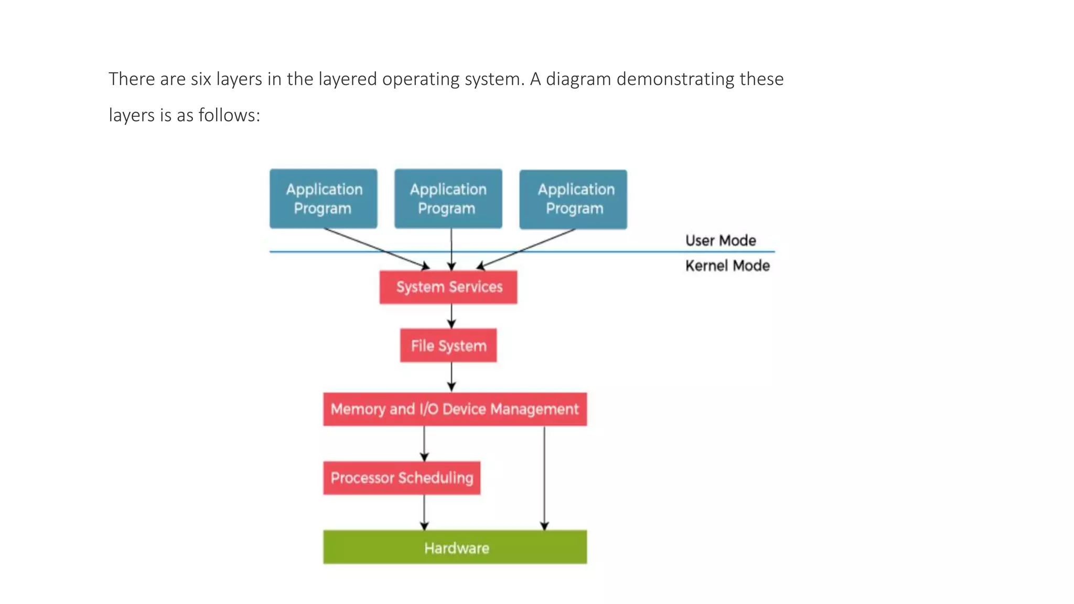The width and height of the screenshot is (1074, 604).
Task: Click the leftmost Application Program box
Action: coord(323,199)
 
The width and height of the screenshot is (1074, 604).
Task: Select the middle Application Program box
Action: coord(448,199)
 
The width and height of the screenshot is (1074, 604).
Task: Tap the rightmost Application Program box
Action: coord(573,199)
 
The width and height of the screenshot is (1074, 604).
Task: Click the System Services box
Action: coord(448,287)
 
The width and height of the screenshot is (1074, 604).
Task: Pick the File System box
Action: coord(448,346)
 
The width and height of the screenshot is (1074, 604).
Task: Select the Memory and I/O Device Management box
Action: coord(455,409)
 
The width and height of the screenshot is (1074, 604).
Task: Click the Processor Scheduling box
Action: coord(402,478)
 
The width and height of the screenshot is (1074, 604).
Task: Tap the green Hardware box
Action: coord(455,547)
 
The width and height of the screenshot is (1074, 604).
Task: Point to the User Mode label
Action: coord(721,241)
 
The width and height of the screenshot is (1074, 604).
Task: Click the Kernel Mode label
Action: coord(727,266)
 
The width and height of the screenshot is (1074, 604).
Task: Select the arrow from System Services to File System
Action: coord(452,316)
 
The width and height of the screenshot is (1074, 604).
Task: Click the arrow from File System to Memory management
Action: coord(452,376)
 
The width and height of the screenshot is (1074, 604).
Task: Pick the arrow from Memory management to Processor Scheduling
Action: coord(424,444)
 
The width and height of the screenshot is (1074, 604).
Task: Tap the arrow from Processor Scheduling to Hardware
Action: coord(424,512)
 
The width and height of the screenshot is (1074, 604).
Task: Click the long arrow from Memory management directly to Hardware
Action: coord(544,478)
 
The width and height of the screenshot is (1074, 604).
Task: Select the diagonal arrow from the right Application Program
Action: coord(526,249)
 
